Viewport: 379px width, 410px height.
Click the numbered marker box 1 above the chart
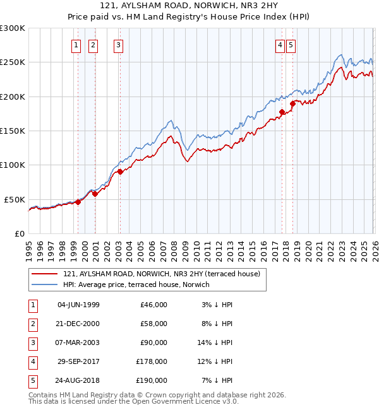tap(76, 45)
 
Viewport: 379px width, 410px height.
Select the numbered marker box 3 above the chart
tap(118, 45)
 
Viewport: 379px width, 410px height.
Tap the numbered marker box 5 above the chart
tap(291, 45)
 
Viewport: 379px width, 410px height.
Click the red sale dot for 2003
tap(120, 172)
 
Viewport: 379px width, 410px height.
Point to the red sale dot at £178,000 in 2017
tap(282, 112)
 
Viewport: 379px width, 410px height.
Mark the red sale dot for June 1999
tap(78, 202)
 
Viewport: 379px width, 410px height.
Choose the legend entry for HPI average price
tap(136, 284)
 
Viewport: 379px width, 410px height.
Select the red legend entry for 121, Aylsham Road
tap(157, 274)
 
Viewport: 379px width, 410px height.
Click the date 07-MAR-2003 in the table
tap(78, 343)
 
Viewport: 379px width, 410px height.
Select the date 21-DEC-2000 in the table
tap(78, 324)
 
